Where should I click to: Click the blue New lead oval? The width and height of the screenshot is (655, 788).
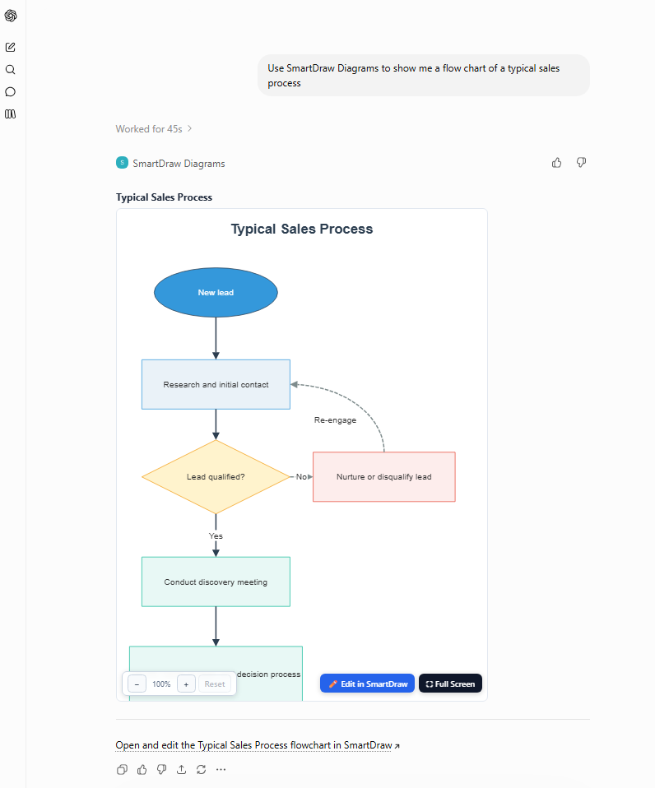(216, 293)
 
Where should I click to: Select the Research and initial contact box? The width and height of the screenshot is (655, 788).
(216, 384)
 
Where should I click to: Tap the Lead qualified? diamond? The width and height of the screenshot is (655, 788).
(216, 477)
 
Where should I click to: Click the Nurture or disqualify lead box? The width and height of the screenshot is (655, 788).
(384, 477)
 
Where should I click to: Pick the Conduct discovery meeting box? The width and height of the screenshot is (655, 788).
(216, 582)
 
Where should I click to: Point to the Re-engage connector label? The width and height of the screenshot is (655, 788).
(335, 420)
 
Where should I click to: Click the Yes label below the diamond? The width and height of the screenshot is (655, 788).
(216, 536)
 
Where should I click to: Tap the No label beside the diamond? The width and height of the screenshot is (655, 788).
(301, 477)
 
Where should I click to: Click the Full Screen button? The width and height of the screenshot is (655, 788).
(450, 684)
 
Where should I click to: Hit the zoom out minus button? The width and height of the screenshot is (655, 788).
(137, 684)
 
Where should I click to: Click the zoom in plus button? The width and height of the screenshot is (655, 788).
(186, 684)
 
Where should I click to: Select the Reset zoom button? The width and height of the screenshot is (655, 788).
(215, 684)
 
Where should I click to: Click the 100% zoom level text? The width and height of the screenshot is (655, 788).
(161, 684)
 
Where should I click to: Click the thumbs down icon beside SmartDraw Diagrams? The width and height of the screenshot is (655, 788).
(581, 162)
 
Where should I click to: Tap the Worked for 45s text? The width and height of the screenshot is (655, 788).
(149, 129)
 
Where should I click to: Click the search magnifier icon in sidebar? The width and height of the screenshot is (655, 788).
(10, 69)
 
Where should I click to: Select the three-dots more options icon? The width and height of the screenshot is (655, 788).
(221, 769)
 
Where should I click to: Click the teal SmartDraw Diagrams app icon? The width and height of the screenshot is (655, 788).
(122, 163)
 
